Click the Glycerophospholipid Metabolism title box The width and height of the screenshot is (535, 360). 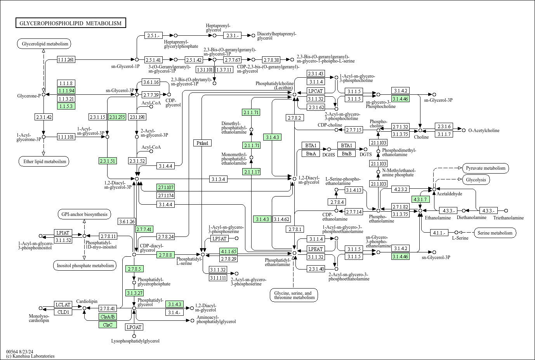71,23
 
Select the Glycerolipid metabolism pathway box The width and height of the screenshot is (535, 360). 44,44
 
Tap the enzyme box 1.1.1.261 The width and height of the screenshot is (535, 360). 66,59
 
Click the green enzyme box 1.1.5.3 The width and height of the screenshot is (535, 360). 66,106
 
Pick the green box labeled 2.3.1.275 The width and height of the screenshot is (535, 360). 117,117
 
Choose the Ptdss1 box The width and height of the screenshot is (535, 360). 203,143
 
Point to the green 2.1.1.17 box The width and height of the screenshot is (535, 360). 251,172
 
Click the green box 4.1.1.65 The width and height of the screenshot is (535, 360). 229,251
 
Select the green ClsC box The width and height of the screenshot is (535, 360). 108,325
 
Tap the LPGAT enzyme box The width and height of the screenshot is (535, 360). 134,327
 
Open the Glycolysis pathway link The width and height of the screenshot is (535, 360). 476,180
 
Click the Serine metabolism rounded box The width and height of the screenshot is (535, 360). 495,233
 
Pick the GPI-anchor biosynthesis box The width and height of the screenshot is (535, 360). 84,214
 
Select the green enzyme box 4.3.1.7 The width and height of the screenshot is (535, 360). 420,199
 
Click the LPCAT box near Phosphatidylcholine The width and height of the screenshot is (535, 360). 316,91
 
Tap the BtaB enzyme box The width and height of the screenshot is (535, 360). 347,154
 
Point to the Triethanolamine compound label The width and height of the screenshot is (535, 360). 509,217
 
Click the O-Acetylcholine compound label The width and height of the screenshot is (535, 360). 484,130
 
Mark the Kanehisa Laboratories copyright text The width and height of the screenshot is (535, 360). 30,356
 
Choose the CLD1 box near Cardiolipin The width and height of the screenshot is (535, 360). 63,312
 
